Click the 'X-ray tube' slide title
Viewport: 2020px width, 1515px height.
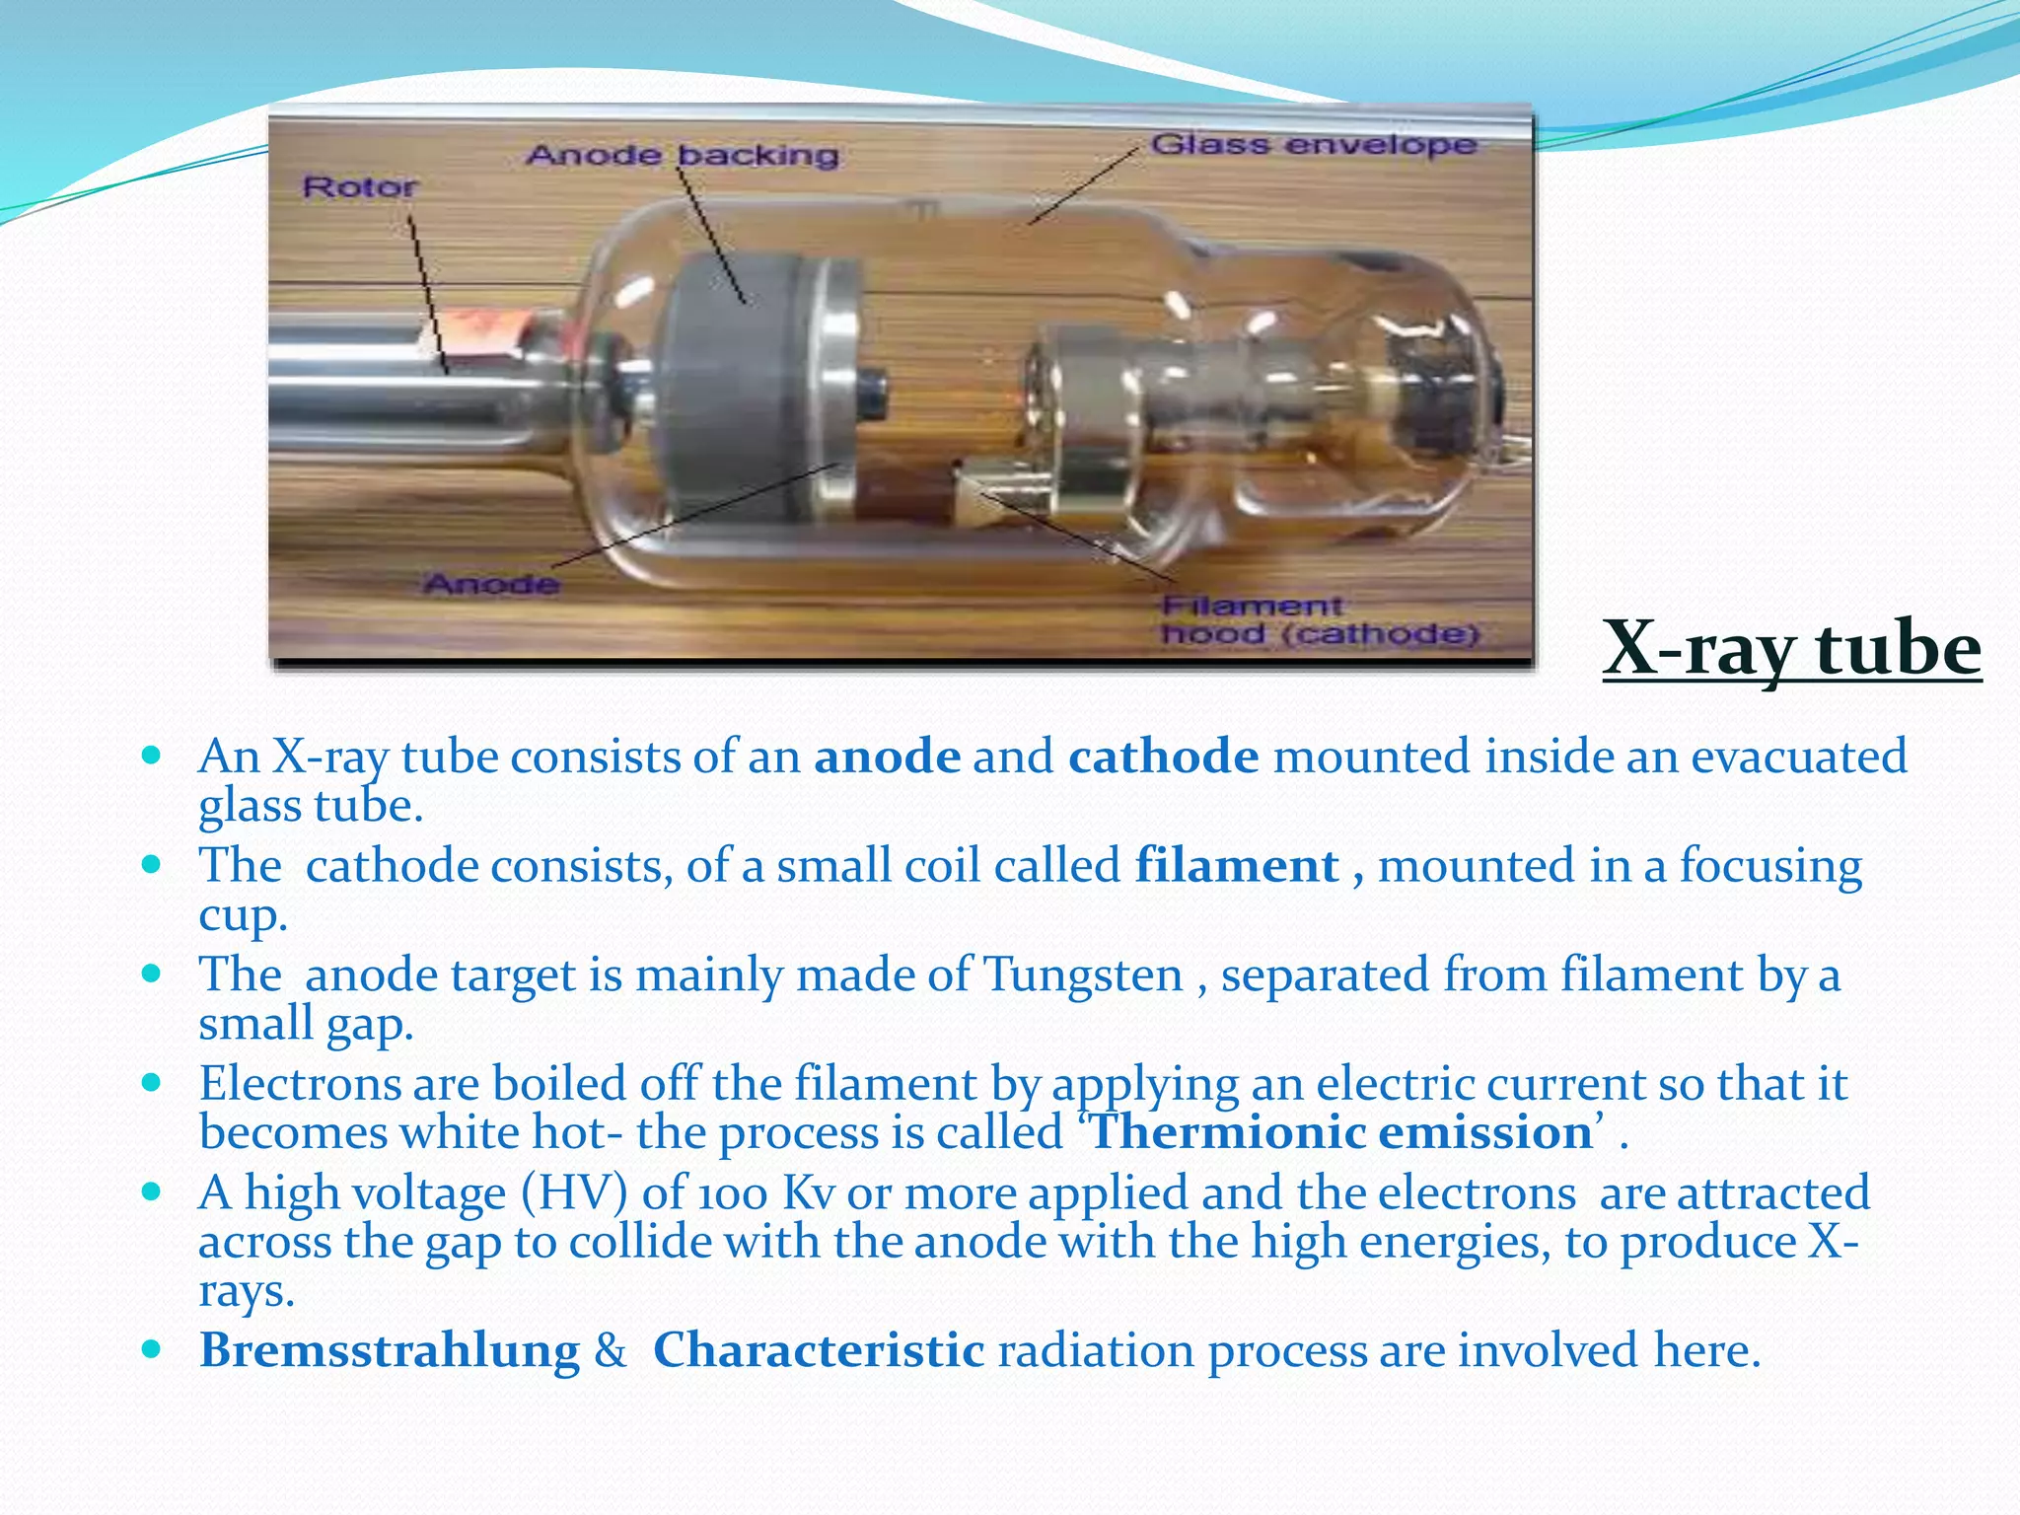tap(1791, 649)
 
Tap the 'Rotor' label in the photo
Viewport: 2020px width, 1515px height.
tap(359, 186)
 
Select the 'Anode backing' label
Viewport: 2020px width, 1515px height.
tap(683, 155)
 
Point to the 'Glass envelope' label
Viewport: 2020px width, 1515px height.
tap(1313, 145)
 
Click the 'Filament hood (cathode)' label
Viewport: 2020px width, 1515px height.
tap(1319, 620)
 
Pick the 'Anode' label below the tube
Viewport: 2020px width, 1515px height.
tap(491, 585)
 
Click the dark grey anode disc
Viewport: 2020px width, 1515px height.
tap(725, 385)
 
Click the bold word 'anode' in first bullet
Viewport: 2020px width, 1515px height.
tap(887, 757)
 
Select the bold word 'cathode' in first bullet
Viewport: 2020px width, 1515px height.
tap(1163, 757)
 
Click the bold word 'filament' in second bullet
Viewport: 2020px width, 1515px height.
tap(1236, 866)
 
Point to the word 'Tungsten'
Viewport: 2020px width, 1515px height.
tap(1083, 975)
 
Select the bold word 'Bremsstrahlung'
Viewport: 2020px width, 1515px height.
tap(390, 1350)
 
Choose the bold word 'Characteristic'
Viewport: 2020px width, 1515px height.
tap(818, 1350)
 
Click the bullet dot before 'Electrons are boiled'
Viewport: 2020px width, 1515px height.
tap(151, 1082)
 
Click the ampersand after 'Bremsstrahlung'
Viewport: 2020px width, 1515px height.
tap(611, 1350)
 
